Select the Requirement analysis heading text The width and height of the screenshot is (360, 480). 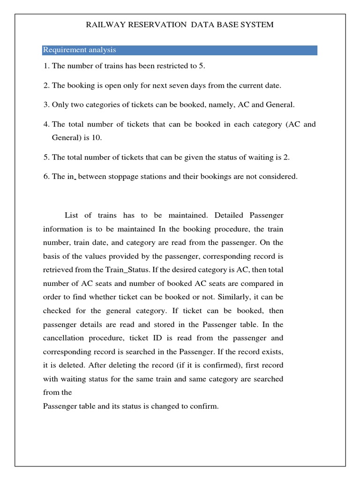pos(79,50)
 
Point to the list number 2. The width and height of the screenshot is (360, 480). pos(46,85)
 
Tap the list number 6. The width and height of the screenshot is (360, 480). pos(46,177)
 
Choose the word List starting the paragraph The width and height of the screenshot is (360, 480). pos(71,215)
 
